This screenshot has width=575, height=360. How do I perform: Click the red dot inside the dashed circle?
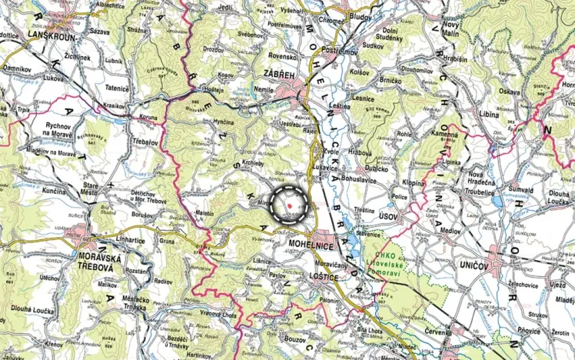[289, 205]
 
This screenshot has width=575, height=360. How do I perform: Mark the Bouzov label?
[296, 338]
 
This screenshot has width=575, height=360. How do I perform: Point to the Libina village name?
[489, 114]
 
